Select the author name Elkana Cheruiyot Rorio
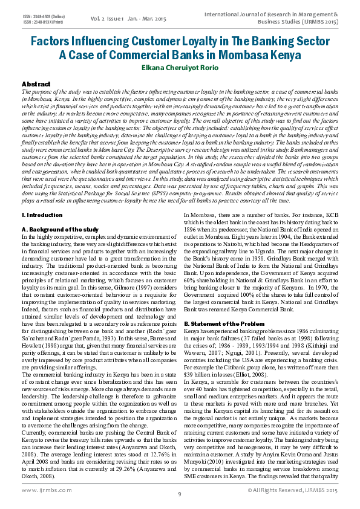click(x=180, y=68)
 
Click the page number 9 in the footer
click(x=180, y=494)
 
